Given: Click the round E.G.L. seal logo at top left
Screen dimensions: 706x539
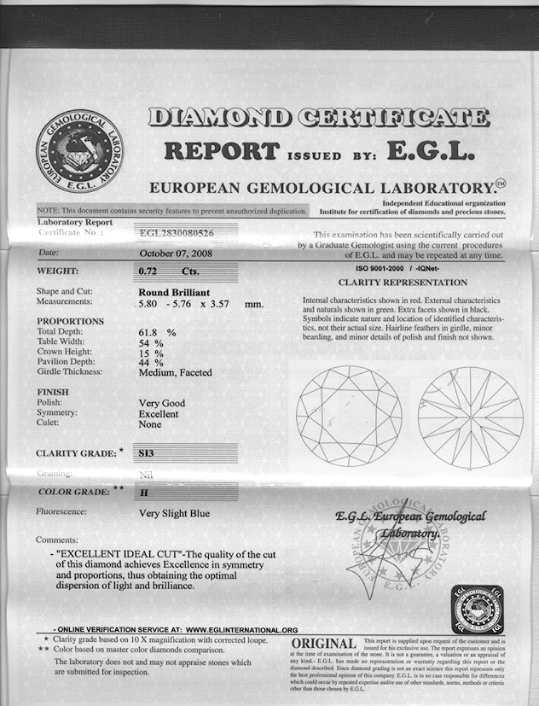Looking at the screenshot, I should click(x=79, y=149).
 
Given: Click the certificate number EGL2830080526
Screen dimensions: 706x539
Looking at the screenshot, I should click(x=177, y=231).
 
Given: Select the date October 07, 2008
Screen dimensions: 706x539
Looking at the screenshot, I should click(x=176, y=254).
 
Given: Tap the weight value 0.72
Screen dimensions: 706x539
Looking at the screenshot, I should click(x=149, y=271).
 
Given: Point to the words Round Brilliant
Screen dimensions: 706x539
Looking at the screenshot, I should click(x=174, y=293).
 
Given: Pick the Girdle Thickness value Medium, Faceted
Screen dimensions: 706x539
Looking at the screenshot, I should click(x=175, y=372).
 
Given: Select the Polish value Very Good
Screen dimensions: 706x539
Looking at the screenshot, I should click(x=161, y=403).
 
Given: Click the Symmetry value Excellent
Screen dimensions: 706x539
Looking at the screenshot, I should click(x=159, y=414).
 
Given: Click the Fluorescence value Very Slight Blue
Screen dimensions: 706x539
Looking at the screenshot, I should click(x=174, y=514).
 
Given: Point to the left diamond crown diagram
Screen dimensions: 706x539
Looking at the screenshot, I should click(x=349, y=416).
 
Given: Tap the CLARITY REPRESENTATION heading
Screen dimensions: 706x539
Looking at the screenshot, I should click(x=403, y=283).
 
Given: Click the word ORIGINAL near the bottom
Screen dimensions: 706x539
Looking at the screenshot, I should click(x=323, y=643).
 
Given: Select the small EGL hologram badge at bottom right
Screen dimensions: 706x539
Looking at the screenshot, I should click(x=478, y=610).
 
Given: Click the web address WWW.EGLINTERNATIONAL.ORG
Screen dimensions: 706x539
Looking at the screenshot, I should click(x=241, y=629).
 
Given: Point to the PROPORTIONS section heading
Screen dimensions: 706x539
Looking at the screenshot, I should click(x=70, y=321).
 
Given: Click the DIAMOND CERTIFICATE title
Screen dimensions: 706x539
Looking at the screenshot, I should click(x=318, y=118).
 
